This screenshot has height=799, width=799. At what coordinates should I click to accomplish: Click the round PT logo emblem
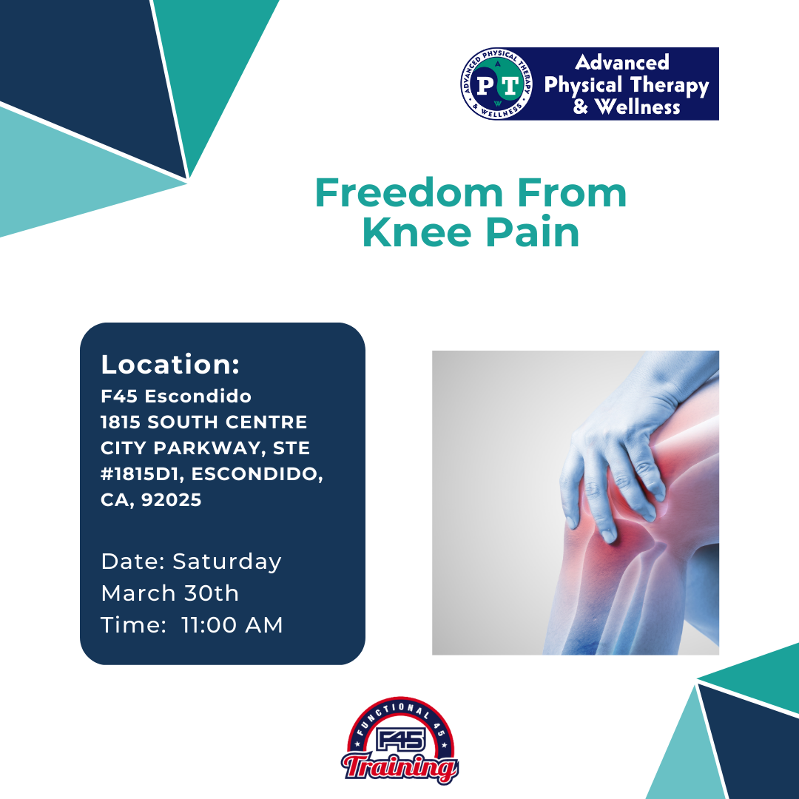point(496,84)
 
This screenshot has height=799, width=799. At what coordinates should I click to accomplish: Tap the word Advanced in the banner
point(621,63)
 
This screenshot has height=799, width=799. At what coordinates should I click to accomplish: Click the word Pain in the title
point(532,232)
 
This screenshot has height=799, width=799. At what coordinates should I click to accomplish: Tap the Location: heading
point(170,364)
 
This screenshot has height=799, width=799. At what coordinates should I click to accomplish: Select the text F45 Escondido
point(176,396)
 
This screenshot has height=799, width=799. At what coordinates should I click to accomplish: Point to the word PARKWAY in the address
point(209,448)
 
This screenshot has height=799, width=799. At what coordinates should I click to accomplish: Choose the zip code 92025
point(171,500)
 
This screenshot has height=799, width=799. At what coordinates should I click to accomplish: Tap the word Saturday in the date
point(227,562)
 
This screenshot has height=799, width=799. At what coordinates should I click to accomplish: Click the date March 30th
point(170,593)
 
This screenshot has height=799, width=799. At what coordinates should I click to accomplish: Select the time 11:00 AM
point(232,624)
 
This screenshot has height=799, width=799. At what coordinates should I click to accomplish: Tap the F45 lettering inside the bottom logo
point(400,739)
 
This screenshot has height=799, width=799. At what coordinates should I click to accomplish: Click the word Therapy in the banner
point(670,86)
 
